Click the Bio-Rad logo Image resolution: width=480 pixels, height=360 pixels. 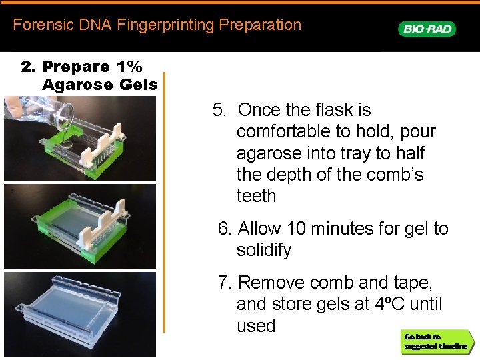pos(427,29)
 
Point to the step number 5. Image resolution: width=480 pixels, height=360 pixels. pos(219,110)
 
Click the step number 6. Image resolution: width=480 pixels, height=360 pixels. pos(225,229)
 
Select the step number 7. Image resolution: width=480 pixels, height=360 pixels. pos(225,283)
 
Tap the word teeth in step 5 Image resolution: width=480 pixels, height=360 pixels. pos(256,196)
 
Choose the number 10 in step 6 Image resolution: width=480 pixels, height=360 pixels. pos(297,229)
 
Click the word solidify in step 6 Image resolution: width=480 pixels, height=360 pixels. pos(264,251)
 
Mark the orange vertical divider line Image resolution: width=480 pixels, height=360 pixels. pos(164,200)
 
